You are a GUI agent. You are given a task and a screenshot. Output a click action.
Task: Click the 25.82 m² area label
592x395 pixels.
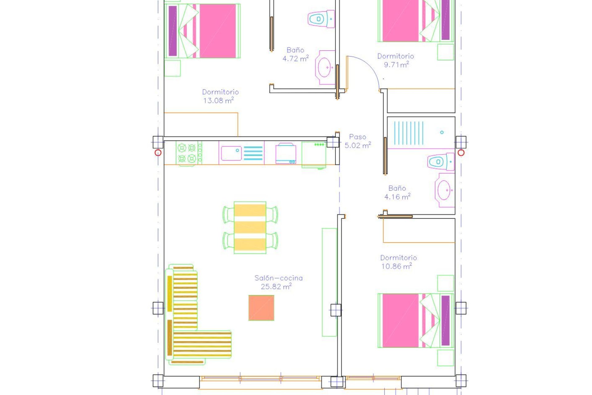click(276, 287)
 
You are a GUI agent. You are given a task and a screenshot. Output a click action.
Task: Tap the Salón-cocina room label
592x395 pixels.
click(278, 278)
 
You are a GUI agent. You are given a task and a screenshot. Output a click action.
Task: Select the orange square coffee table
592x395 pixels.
click(261, 308)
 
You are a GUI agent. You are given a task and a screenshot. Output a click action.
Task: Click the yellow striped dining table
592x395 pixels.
click(250, 228)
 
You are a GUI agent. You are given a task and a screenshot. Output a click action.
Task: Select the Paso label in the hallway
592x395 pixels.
click(357, 137)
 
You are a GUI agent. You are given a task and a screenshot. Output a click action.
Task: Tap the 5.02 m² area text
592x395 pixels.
click(357, 145)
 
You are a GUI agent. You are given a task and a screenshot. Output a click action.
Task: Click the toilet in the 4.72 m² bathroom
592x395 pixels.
click(321, 19)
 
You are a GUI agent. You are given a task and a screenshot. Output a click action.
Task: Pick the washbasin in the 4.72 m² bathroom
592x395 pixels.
click(325, 67)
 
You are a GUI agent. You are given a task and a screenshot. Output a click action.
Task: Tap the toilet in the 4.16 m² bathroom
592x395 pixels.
click(441, 161)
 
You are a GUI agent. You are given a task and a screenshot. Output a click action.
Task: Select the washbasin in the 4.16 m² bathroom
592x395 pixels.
click(445, 190)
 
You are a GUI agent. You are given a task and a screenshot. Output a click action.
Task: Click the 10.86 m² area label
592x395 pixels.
click(397, 266)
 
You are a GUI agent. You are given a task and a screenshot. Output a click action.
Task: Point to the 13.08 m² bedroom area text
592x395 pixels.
click(218, 101)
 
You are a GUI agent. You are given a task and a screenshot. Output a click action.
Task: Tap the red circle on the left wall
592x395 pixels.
click(158, 153)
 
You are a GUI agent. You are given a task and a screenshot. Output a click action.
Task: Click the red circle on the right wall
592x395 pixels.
click(461, 153)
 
